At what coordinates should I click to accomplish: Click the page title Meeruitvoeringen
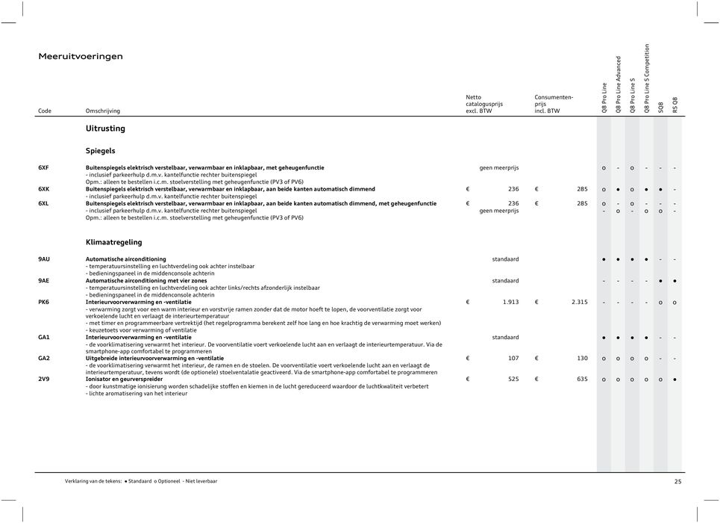pyautogui.click(x=81, y=56)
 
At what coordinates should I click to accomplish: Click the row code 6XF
pyautogui.click(x=44, y=167)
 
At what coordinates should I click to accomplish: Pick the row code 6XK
pyautogui.click(x=44, y=189)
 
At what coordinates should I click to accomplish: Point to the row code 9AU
pyautogui.click(x=45, y=259)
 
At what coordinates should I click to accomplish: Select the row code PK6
pyautogui.click(x=44, y=302)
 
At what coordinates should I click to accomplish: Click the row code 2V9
pyautogui.click(x=44, y=379)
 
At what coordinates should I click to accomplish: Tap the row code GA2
pyautogui.click(x=44, y=358)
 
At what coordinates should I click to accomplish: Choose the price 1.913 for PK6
pyautogui.click(x=511, y=302)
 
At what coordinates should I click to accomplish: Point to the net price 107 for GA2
pyautogui.click(x=513, y=358)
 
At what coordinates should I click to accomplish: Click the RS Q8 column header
pyautogui.click(x=674, y=105)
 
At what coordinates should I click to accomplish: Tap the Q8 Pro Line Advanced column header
pyautogui.click(x=618, y=84)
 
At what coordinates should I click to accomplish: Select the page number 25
pyautogui.click(x=677, y=482)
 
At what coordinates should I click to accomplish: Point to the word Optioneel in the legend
pyautogui.click(x=170, y=482)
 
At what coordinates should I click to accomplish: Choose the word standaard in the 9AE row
pyautogui.click(x=505, y=280)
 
